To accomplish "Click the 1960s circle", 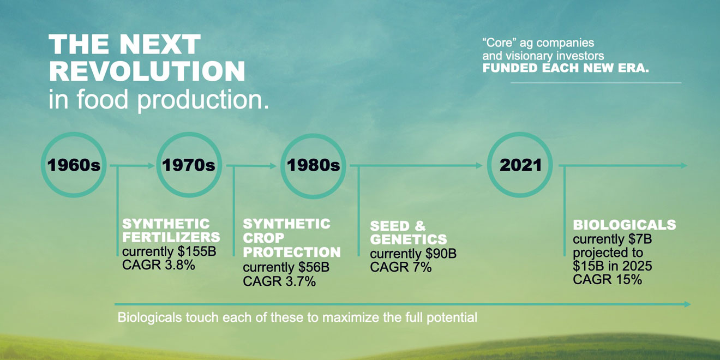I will [74, 165].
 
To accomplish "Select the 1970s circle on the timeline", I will [189, 165].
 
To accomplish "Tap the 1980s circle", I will [313, 165].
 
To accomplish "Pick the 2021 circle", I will [520, 165].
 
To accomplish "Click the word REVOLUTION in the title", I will [147, 71].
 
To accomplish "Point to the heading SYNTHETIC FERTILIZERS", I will [171, 230].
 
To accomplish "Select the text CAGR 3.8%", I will [158, 265].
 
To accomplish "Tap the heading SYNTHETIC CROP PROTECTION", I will [291, 238].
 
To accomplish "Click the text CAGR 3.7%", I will [279, 281].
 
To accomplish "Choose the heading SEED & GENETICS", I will [408, 233].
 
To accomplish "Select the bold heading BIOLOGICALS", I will [624, 225].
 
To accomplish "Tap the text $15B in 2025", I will [612, 266].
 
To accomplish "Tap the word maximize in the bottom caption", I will [350, 317].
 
